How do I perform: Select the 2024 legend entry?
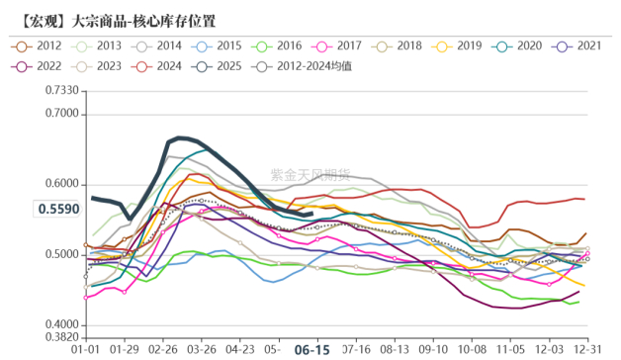[158, 66]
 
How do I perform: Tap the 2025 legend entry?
[218, 66]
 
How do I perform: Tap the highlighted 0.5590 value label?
[57, 209]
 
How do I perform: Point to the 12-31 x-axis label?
[588, 350]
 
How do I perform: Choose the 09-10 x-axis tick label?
[433, 350]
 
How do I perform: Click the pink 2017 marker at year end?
[586, 254]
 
